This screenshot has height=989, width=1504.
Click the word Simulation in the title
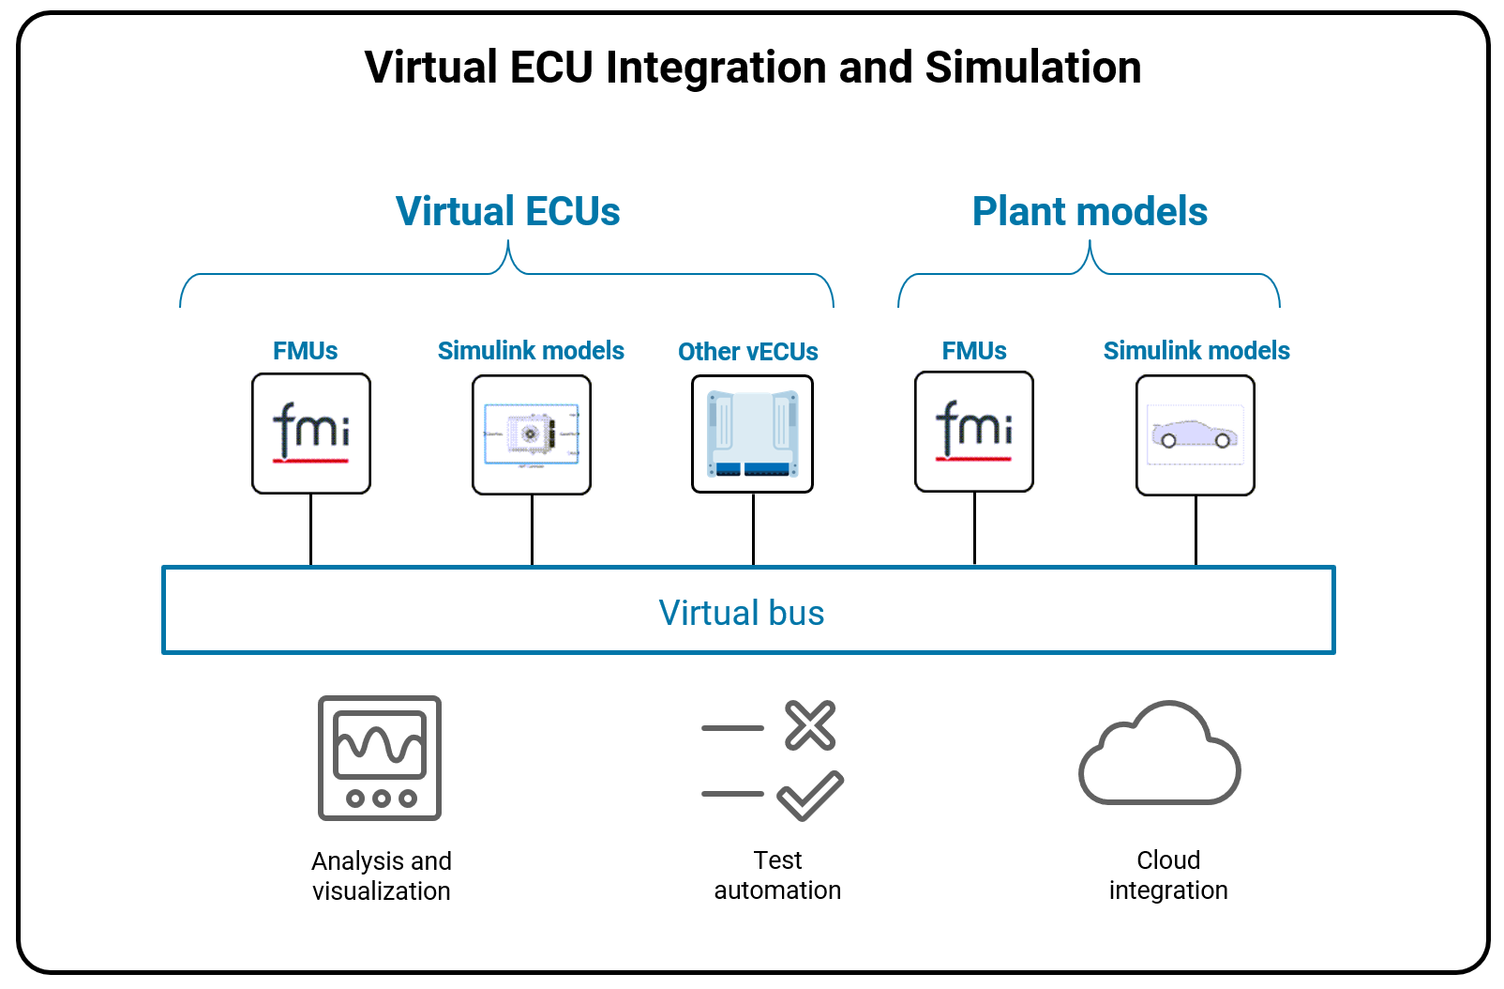click(x=1032, y=68)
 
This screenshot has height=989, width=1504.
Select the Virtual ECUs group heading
click(x=507, y=211)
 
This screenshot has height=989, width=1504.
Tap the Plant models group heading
click(x=1089, y=211)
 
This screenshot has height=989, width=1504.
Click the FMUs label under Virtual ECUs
click(x=305, y=351)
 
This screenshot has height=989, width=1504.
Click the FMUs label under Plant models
click(x=973, y=351)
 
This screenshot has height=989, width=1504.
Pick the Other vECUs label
click(x=747, y=352)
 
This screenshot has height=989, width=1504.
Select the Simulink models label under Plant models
click(x=1196, y=351)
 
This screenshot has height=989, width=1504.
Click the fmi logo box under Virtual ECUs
click(x=311, y=433)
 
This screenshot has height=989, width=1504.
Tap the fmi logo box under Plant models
click(x=973, y=431)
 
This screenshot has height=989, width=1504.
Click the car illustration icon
click(x=1195, y=434)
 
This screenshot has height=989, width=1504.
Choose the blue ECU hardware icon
click(x=752, y=434)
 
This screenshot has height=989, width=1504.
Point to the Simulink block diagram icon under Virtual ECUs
click(x=531, y=434)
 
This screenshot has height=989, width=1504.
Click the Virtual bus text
click(x=741, y=613)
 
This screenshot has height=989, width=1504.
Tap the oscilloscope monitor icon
click(x=380, y=757)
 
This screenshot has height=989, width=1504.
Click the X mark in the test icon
click(x=810, y=725)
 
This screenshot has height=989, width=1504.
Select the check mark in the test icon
click(x=810, y=795)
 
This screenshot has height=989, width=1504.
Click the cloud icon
click(x=1160, y=754)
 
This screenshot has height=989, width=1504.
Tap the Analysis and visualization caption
click(x=381, y=875)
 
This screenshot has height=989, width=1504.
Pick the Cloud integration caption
click(x=1167, y=875)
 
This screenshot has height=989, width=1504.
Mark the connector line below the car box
click(x=1196, y=530)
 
